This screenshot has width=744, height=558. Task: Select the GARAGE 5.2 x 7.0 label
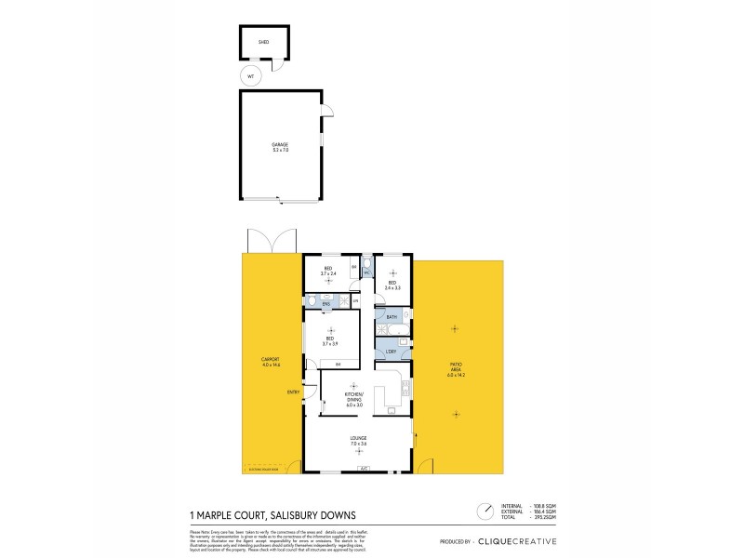[280, 146]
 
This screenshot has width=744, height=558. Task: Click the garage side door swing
[326, 112]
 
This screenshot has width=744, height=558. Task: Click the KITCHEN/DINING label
[353, 400]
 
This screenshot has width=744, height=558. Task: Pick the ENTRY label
[293, 392]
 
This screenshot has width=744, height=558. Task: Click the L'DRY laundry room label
[391, 351]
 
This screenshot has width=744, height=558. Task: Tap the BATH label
[392, 318]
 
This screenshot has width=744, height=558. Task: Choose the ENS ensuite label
[326, 304]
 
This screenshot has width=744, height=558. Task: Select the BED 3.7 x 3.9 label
[329, 341]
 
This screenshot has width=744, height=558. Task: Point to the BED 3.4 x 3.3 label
[392, 285]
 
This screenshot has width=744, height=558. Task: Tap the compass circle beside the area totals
[485, 511]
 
